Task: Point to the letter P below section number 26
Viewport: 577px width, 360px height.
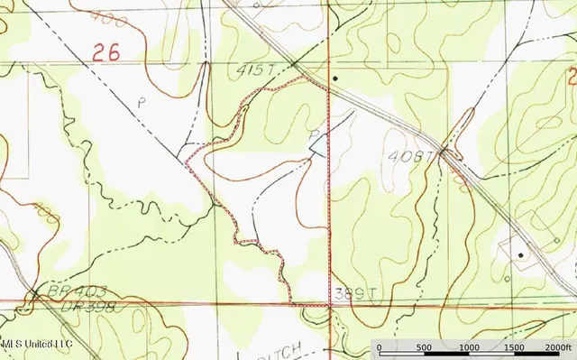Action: (141, 102)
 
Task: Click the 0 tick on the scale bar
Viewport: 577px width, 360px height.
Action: (379, 347)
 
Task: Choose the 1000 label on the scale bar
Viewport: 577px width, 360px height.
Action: (469, 347)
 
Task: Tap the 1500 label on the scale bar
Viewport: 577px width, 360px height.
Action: (514, 347)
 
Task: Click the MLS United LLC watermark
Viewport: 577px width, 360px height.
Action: (36, 344)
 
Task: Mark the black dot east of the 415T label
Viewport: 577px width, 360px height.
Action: (334, 78)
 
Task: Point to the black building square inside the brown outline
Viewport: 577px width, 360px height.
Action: (520, 255)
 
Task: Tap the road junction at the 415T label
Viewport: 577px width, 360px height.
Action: (294, 64)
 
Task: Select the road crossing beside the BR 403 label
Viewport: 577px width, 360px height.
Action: (35, 294)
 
